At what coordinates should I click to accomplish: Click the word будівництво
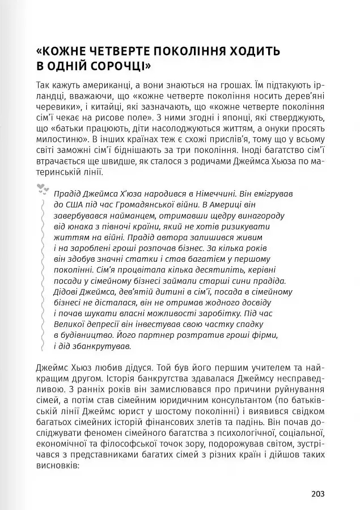coord(83,335)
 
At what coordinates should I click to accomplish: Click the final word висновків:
coord(57,464)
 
